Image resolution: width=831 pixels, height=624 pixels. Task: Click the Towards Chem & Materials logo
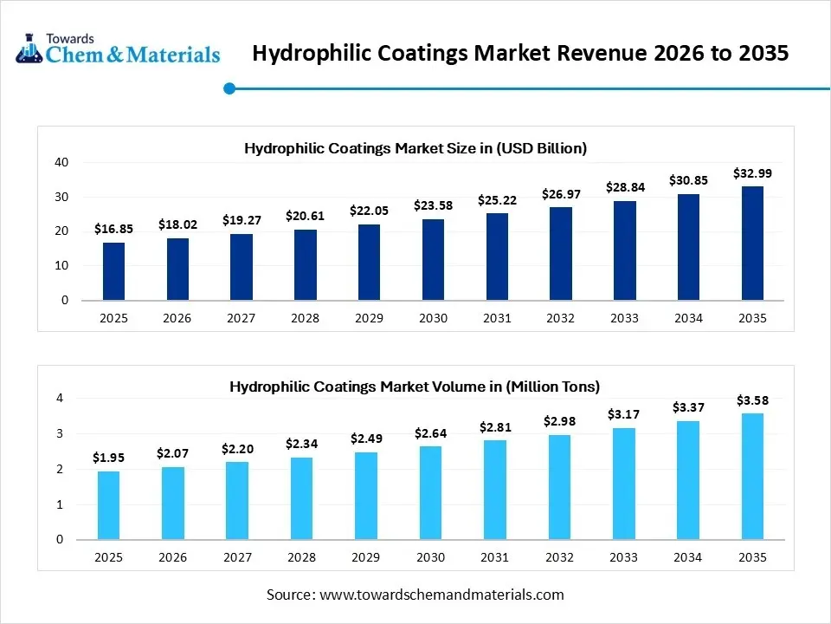118,49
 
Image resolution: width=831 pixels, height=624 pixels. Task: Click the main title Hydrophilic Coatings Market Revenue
520,54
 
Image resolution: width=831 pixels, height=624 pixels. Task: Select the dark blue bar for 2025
113,271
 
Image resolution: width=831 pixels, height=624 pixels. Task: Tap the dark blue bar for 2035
752,244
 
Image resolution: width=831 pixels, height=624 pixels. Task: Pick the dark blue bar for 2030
433,260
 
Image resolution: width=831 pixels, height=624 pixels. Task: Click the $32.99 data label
752,173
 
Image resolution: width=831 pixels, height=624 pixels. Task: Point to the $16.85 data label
113,230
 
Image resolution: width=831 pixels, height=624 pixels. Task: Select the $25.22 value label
497,200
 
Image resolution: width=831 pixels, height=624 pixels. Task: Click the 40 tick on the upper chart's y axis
61,162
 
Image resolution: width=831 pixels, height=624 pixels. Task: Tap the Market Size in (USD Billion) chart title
415,148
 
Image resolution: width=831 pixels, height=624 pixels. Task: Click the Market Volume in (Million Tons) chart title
415,387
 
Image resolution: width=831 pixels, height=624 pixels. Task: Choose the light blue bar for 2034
688,480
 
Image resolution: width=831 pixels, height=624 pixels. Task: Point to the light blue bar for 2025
109,505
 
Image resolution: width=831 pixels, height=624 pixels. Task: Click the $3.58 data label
752,400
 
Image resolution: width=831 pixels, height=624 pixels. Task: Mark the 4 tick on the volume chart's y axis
60,399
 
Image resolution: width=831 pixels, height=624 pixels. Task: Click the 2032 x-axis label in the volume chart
560,557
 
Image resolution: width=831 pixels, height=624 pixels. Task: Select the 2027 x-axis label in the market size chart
241,318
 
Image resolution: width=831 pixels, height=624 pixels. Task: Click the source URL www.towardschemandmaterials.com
441,595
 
